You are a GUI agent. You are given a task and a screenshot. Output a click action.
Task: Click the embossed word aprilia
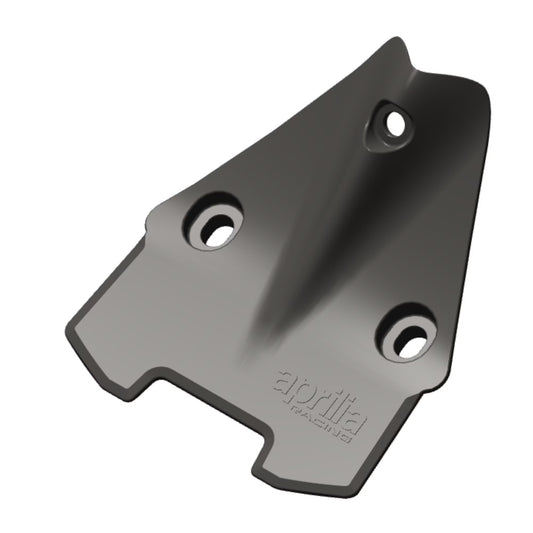pos(318,394)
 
